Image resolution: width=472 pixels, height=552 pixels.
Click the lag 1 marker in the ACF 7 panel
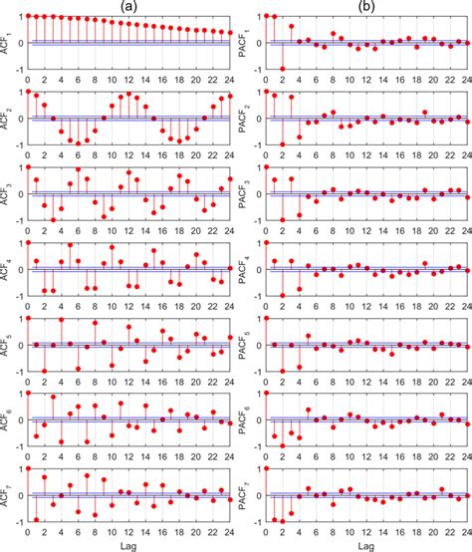(x=36, y=519)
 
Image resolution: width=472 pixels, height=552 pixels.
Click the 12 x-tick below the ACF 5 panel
(x=128, y=379)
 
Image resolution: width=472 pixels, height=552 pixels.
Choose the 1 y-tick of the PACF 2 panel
(x=257, y=92)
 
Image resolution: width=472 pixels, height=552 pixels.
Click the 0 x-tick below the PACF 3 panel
(x=266, y=228)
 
